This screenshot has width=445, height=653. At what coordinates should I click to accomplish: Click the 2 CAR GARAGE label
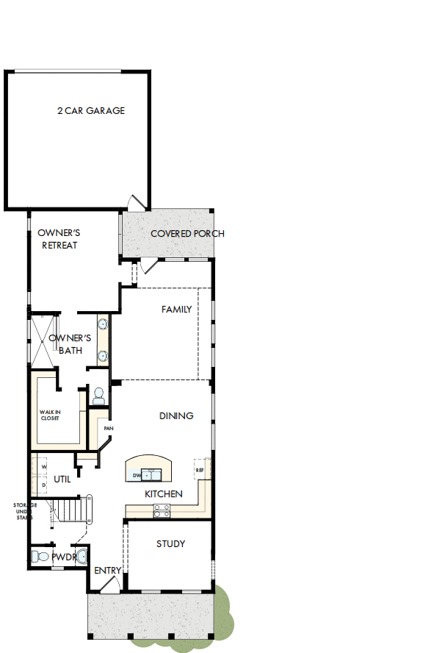point(91,111)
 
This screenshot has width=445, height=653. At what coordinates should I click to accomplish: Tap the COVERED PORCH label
point(187,234)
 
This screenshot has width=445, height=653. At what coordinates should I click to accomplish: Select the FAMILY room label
point(176,310)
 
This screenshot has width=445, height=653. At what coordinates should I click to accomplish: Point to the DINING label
point(176,415)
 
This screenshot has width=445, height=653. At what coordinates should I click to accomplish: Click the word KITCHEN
point(163,493)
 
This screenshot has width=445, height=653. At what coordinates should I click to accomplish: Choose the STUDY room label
point(170,544)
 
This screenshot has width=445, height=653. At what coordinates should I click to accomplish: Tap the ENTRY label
point(107,571)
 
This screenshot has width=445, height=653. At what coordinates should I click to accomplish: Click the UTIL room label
point(62,479)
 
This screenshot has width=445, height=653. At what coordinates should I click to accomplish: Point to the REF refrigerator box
point(199,469)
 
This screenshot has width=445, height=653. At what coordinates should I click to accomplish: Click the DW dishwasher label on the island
point(137,476)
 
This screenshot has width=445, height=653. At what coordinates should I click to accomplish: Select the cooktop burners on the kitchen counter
point(162,513)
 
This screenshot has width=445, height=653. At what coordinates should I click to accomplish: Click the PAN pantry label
point(108,428)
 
